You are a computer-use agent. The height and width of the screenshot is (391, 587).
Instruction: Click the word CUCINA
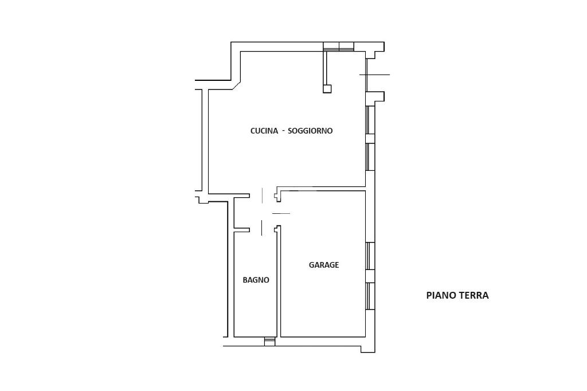[264, 131]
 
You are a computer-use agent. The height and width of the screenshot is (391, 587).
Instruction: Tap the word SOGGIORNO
[310, 131]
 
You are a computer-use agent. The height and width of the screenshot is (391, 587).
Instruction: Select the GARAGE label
[324, 265]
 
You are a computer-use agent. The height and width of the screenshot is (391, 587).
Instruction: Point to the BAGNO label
[256, 280]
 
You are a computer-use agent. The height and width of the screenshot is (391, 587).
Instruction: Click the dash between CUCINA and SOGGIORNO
[283, 131]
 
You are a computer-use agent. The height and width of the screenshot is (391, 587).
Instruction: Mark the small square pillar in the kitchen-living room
[327, 89]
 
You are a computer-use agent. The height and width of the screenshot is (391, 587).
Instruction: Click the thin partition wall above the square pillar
[326, 68]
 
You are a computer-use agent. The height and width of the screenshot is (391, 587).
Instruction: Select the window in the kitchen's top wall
[338, 46]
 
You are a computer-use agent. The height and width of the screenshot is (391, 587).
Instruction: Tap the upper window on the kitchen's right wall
[370, 120]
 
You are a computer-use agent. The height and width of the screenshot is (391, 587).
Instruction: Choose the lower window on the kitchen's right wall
[370, 157]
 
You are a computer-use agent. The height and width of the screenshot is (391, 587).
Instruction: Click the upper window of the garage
[370, 256]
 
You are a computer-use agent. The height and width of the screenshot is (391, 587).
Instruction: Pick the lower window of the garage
[370, 296]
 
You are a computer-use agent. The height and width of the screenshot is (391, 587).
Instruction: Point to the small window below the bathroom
[269, 342]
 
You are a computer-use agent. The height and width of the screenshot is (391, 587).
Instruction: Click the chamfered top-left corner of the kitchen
[236, 85]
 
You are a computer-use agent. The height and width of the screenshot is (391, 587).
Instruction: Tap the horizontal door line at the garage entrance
[281, 213]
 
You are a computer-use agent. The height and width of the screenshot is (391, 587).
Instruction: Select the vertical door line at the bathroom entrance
[261, 228]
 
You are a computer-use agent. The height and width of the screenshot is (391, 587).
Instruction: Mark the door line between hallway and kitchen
[262, 196]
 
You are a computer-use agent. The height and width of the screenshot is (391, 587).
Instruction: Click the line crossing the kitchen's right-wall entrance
[375, 75]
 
